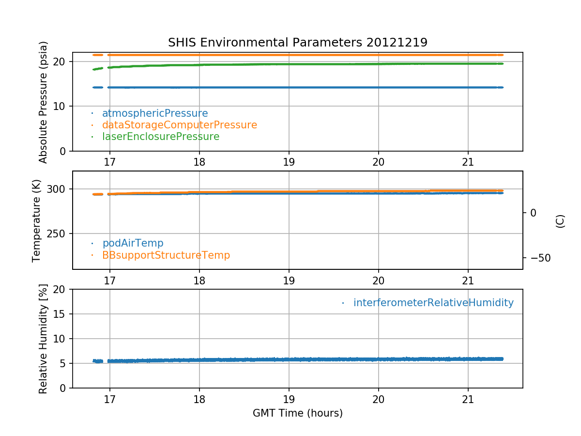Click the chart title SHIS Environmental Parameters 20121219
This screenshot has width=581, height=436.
pos(297,43)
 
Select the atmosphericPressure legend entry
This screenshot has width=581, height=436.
pos(154,113)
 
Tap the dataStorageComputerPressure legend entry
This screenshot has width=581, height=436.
pos(179,125)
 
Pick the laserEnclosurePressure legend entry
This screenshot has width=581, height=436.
pos(160,137)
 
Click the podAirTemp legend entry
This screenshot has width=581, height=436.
pos(133,243)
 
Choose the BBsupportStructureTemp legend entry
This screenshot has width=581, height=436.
pos(166,255)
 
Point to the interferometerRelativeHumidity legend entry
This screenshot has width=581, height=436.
pos(433,303)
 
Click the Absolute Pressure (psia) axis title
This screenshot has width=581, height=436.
pos(44,102)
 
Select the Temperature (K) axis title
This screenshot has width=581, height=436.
pos(37,220)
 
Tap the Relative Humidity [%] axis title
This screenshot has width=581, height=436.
pos(44,339)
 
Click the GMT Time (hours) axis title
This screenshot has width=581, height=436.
pos(297,413)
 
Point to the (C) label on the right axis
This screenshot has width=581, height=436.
pos(560,221)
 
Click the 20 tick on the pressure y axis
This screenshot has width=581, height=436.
pos(61,62)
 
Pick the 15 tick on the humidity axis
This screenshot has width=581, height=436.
pos(61,314)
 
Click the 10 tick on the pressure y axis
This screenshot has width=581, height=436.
pos(61,107)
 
